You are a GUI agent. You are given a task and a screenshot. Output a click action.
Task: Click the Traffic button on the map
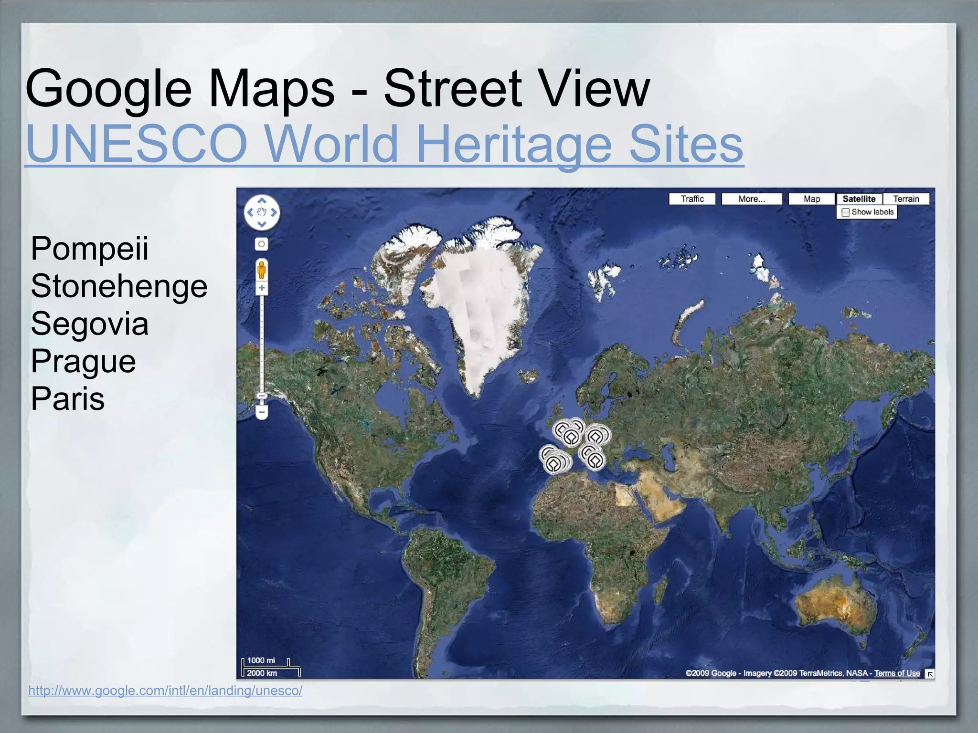click(x=692, y=199)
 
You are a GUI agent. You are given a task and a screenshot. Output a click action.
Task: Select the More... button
click(x=751, y=199)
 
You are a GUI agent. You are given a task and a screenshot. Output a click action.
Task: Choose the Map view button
click(x=811, y=199)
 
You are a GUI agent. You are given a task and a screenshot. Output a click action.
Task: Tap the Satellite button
click(x=859, y=199)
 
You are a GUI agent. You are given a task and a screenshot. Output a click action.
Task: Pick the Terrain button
click(x=906, y=199)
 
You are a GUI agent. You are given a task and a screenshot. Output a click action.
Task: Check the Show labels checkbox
click(x=846, y=212)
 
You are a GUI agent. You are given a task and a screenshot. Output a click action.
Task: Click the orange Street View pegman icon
click(x=261, y=271)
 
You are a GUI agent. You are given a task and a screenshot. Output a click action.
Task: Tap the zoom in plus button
click(x=262, y=288)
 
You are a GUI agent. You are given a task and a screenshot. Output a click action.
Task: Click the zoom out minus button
click(x=262, y=411)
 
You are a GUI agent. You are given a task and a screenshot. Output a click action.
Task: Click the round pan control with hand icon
click(x=262, y=212)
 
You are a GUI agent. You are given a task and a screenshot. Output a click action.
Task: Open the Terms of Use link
click(x=897, y=673)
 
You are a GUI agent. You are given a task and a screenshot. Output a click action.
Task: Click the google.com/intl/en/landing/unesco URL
click(x=165, y=691)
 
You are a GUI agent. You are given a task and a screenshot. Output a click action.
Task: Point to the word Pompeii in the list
click(x=89, y=248)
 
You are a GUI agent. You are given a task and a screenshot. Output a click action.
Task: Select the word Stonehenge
click(x=119, y=286)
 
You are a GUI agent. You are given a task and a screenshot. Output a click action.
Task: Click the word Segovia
click(x=89, y=324)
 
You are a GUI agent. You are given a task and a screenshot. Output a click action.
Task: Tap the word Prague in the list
click(x=83, y=361)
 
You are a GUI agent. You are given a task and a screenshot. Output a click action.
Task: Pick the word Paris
click(x=67, y=399)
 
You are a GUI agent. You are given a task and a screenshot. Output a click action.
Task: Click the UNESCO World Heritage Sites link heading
click(x=384, y=143)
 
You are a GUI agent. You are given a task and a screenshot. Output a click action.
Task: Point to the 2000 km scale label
click(x=262, y=673)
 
